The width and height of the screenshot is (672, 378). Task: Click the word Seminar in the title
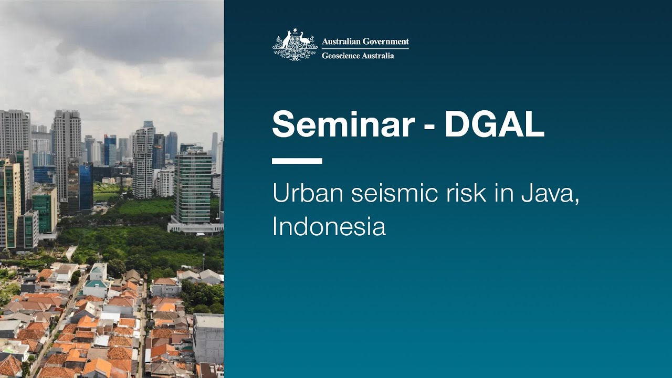tap(343, 124)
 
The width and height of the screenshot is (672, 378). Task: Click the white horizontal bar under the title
tap(297, 161)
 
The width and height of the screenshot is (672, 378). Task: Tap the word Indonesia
tap(329, 226)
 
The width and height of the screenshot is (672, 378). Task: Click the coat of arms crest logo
tap(295, 45)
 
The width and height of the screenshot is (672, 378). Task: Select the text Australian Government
tap(365, 41)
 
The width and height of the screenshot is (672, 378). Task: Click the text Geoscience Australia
tap(358, 55)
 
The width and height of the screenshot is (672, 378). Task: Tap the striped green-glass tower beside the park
tap(193, 186)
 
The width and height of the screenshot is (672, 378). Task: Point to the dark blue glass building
tap(86, 186)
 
